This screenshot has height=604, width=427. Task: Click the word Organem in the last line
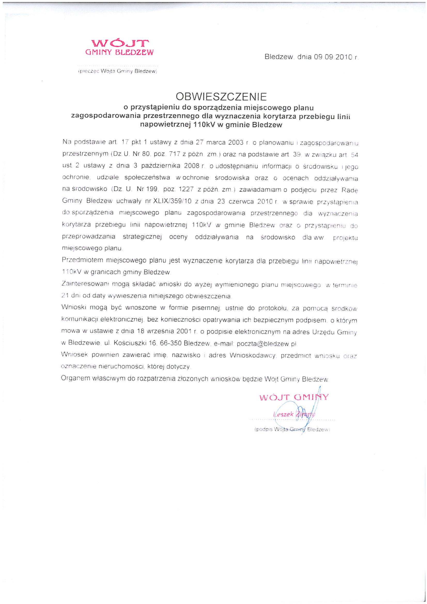[74, 379]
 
